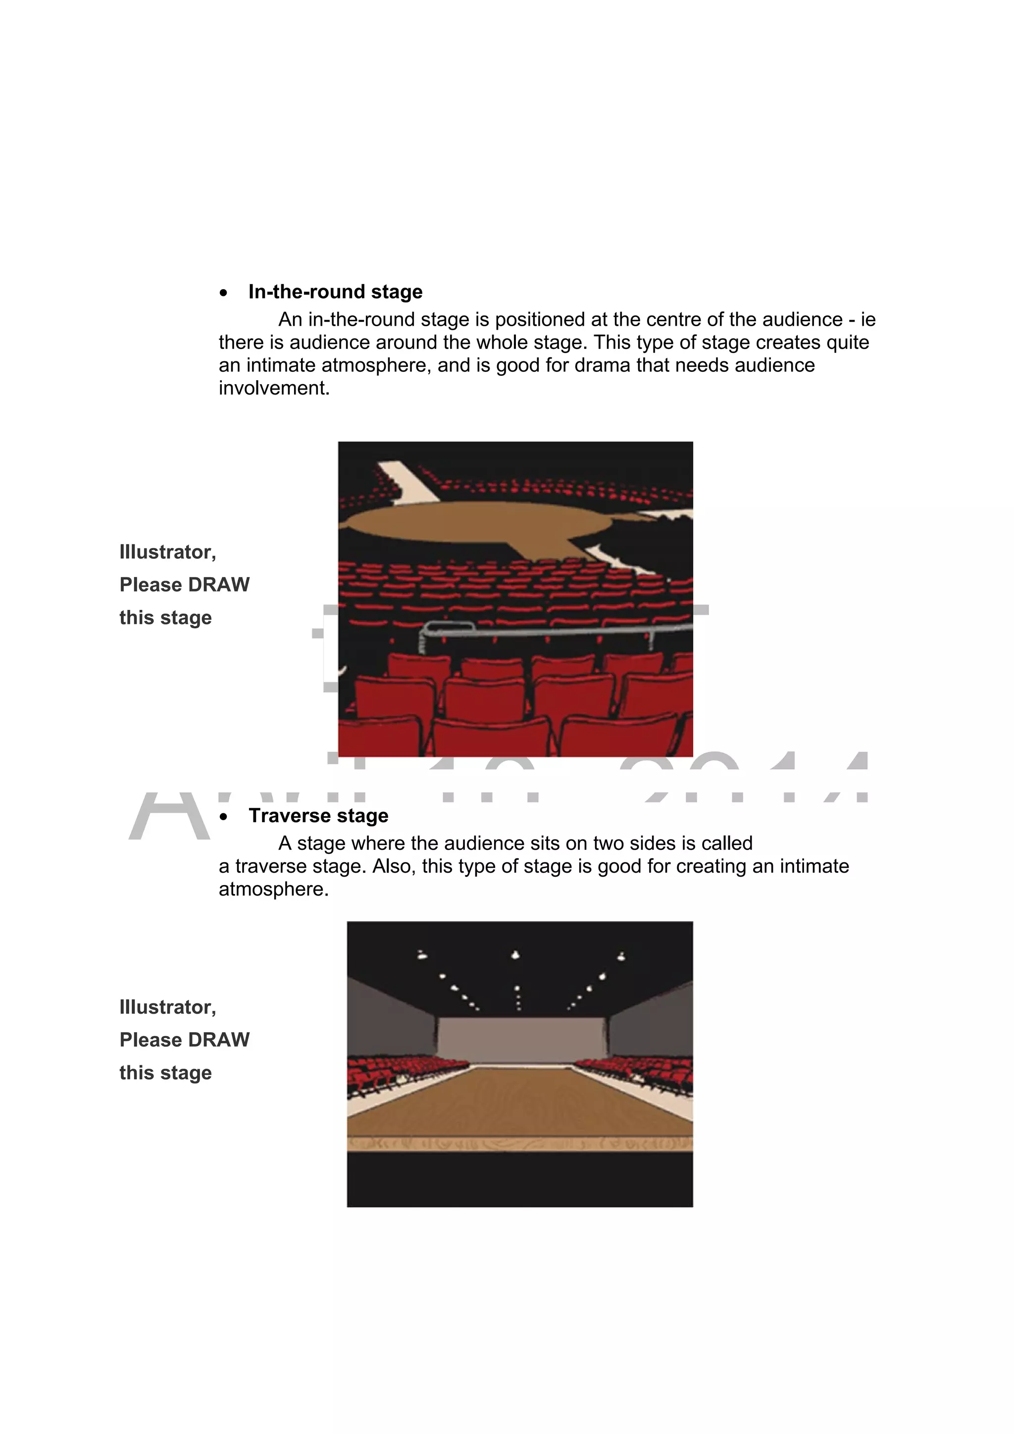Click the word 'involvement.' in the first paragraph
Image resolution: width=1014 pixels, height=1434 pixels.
point(274,388)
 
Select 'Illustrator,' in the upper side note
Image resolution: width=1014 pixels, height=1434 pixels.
point(167,552)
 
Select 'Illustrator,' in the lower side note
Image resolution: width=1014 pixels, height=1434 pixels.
point(167,1007)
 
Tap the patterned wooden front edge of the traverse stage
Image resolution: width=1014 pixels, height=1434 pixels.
point(520,1143)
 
